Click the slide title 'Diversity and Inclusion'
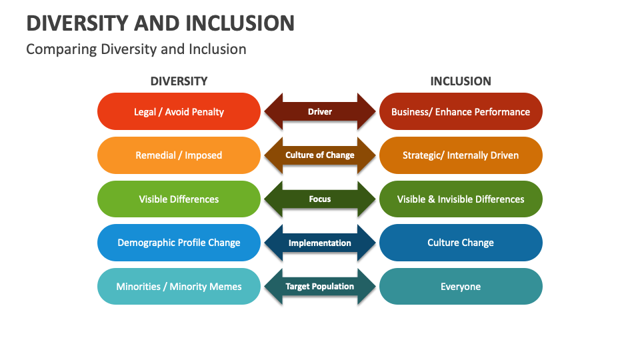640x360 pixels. [160, 23]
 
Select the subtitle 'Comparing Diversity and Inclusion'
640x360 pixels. [136, 49]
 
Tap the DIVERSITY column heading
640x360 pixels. [179, 81]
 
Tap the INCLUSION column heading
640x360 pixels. [461, 81]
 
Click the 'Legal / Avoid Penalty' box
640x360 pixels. [179, 111]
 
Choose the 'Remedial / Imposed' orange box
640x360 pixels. [179, 155]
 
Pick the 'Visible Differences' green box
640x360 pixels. [179, 199]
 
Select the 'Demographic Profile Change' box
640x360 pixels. [179, 243]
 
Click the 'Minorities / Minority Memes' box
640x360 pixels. [179, 287]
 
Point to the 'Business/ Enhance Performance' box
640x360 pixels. [461, 111]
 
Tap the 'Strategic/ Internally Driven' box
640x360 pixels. [461, 155]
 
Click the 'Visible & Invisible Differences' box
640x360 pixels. [461, 199]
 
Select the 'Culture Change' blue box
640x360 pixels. [461, 243]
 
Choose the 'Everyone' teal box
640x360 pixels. [461, 287]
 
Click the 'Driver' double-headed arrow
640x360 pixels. [320, 111]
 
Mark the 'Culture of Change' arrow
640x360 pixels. [320, 155]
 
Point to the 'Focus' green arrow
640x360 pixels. [320, 199]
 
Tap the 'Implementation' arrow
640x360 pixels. [320, 243]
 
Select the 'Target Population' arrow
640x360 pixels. [320, 287]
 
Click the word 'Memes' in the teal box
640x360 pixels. [225, 287]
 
